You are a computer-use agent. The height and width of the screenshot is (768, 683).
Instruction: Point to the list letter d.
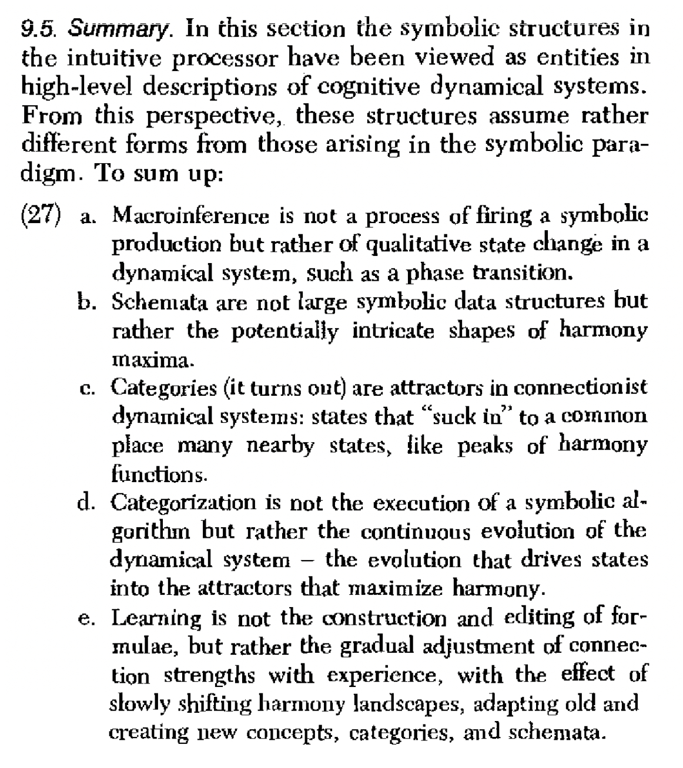(86, 503)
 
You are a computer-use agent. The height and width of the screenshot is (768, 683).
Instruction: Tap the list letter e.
(85, 618)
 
